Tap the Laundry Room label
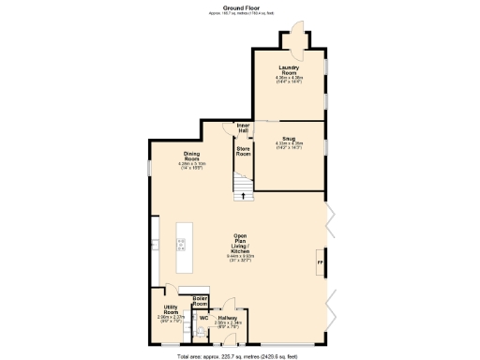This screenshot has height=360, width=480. (x=289, y=69)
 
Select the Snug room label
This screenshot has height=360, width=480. (x=288, y=138)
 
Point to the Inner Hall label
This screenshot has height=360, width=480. (x=243, y=127)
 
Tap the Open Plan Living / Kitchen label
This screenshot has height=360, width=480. (x=240, y=246)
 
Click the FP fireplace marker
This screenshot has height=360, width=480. (x=320, y=265)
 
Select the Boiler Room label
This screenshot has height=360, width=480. (x=200, y=302)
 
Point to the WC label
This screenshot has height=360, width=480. (x=202, y=318)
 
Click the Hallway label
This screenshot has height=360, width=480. (x=228, y=318)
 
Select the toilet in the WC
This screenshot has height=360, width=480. (x=199, y=331)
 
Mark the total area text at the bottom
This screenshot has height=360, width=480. (x=239, y=356)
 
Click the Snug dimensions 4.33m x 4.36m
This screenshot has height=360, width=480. (x=288, y=144)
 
